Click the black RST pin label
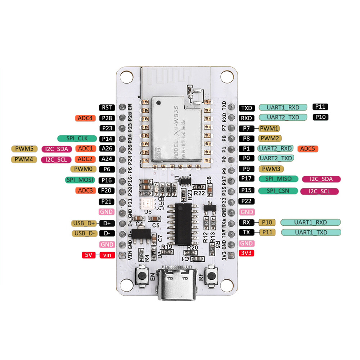tap(107, 107)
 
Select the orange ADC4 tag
tap(85, 118)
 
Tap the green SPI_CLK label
tap(77, 138)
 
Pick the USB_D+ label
tap(84, 223)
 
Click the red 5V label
tap(89, 255)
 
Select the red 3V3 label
tap(247, 253)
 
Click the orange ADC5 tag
tap(307, 148)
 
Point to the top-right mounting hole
tap(227, 77)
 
